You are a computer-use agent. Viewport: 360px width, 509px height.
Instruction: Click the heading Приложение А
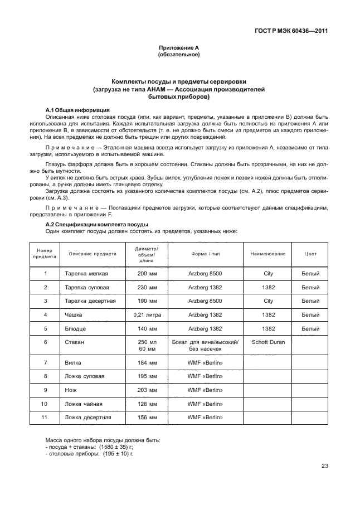(179, 49)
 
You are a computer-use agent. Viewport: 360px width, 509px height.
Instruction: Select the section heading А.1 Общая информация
(77, 110)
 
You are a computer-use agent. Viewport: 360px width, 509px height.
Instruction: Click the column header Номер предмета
(45, 254)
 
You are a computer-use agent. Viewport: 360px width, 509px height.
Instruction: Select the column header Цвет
(310, 254)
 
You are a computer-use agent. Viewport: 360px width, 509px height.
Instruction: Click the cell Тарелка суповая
(87, 288)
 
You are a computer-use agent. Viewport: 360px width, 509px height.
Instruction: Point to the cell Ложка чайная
(85, 404)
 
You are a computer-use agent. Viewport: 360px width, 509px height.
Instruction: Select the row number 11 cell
(45, 417)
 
